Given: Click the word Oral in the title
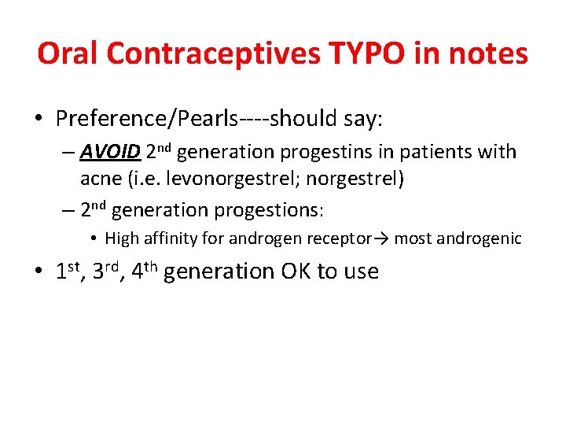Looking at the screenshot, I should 68,54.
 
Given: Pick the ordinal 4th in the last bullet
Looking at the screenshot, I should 145,271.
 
